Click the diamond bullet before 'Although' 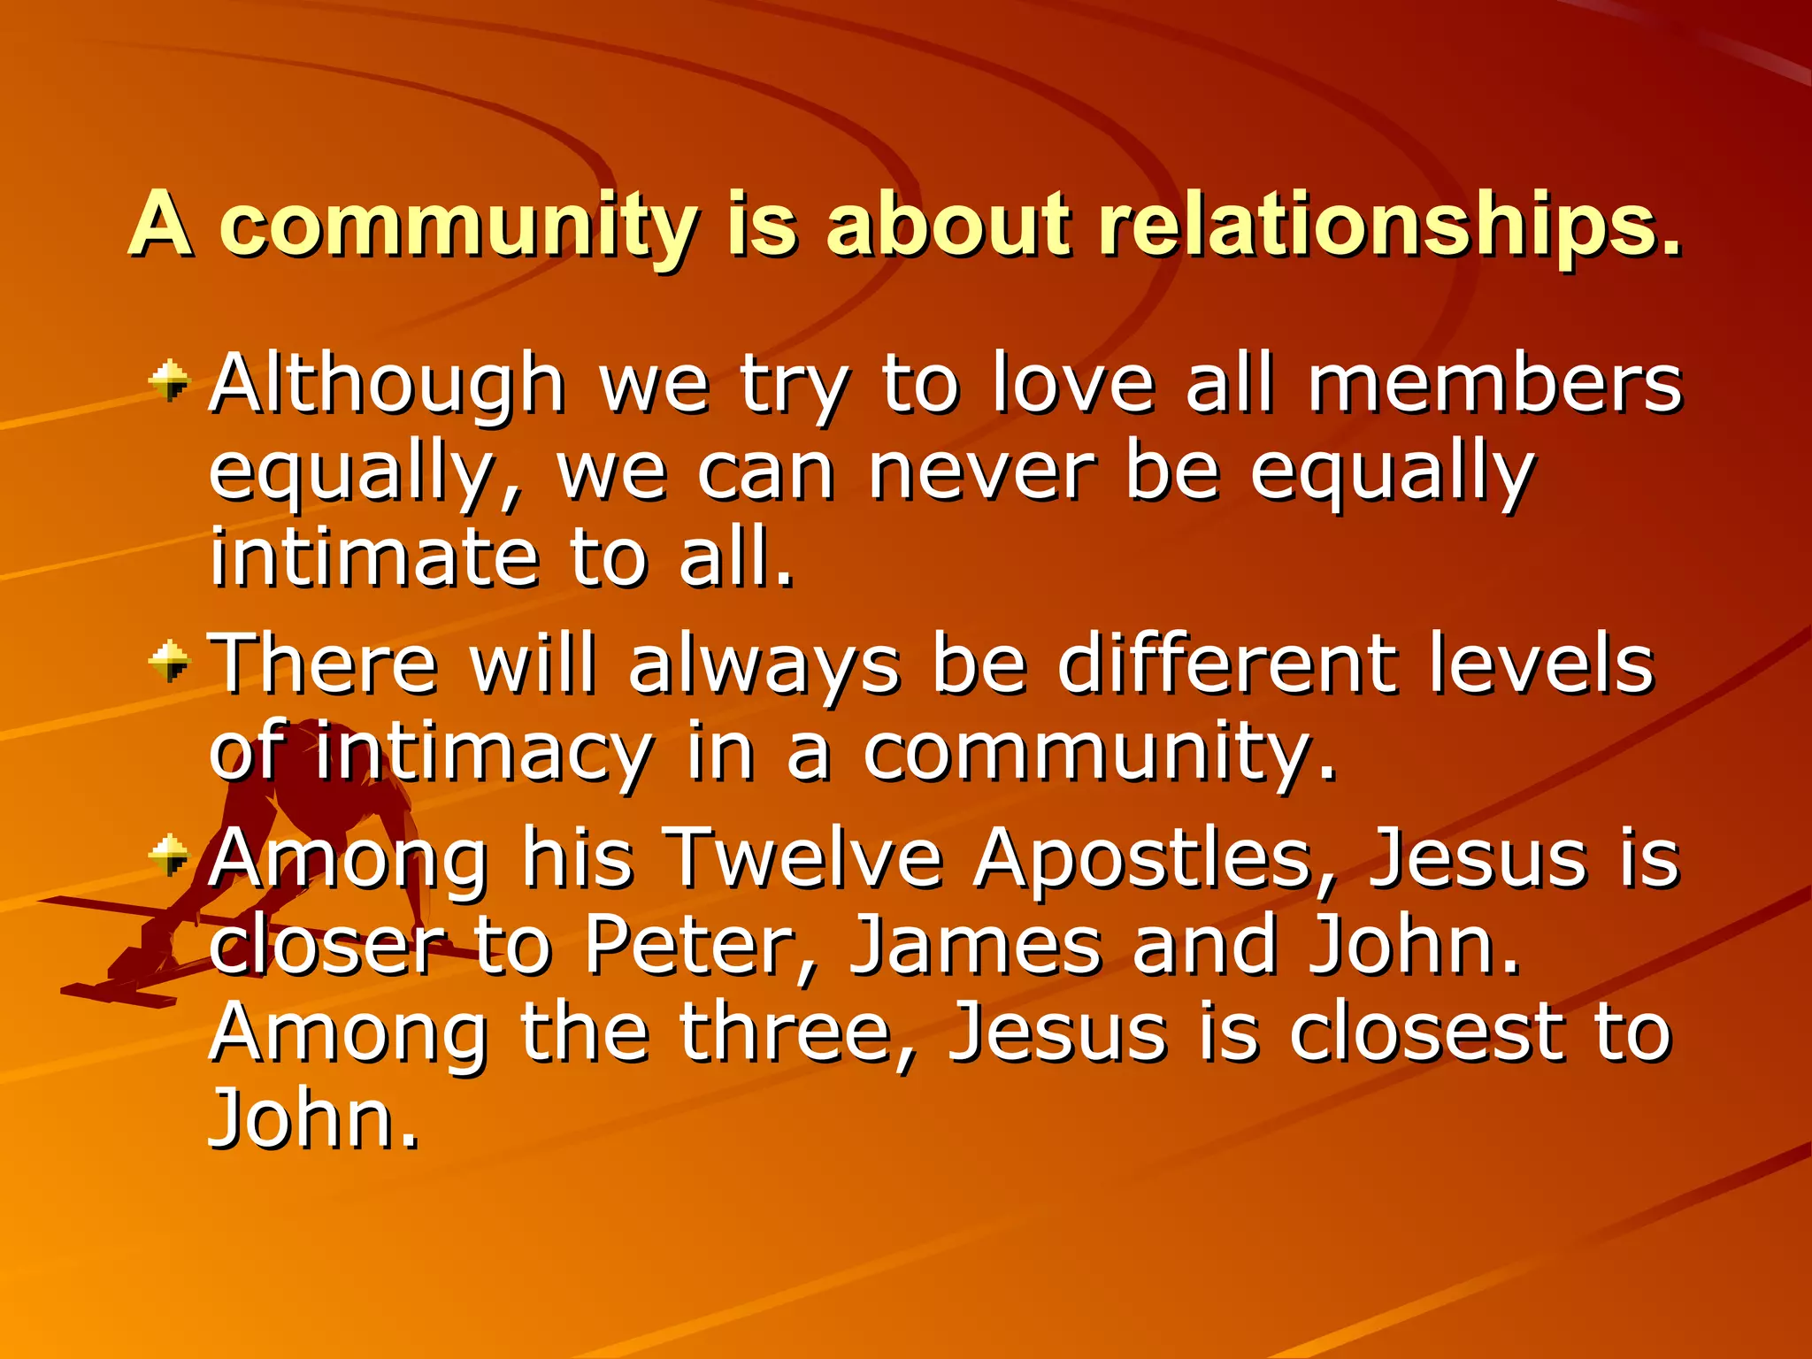[x=169, y=381]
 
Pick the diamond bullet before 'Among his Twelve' [x=169, y=855]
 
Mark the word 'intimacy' [x=483, y=752]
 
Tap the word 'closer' [x=327, y=945]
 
